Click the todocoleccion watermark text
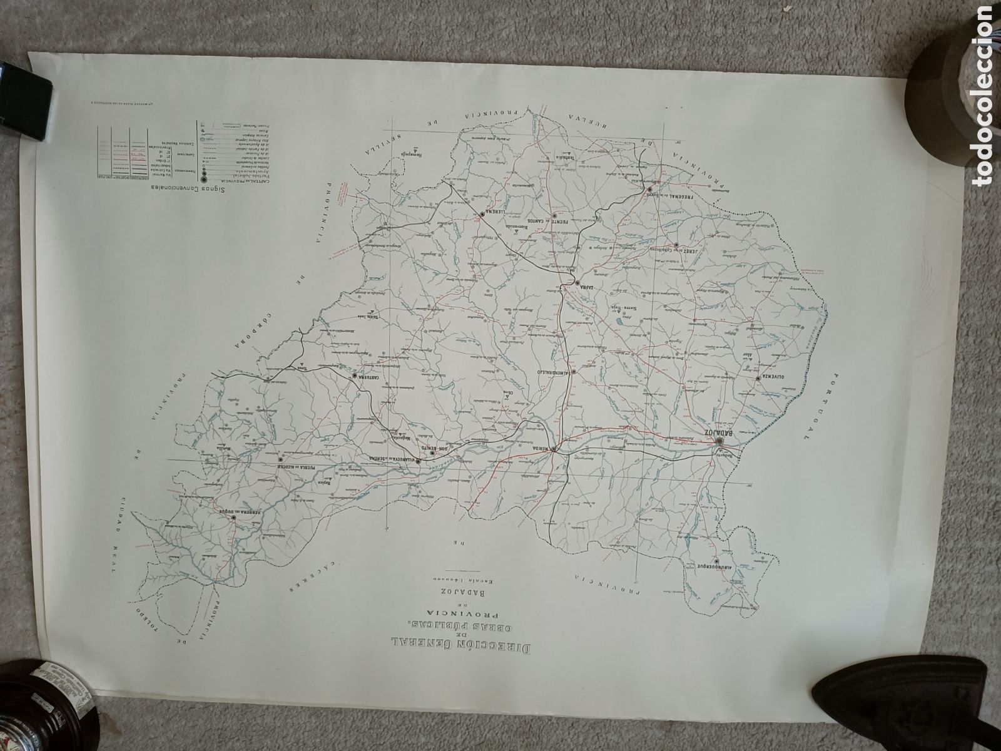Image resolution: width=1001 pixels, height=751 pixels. pos(984,94)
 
